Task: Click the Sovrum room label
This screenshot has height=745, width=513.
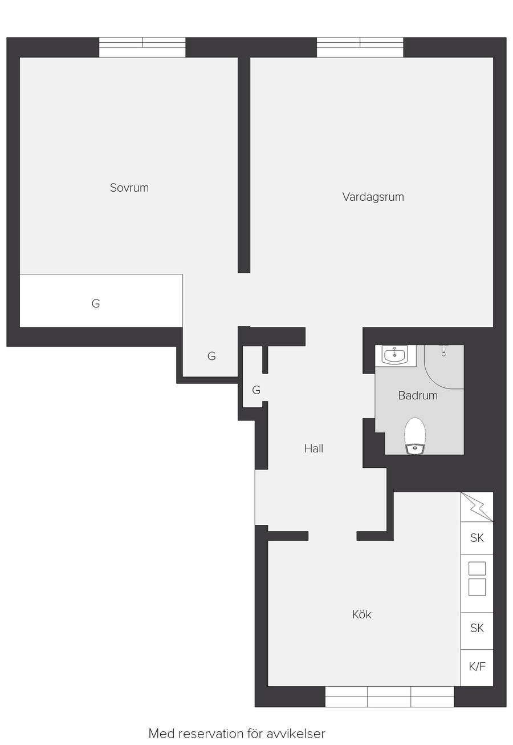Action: tap(129, 188)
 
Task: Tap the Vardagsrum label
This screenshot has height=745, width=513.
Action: tap(373, 197)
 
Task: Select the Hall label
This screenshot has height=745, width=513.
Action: tap(313, 449)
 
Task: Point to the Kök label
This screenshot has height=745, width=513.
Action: tap(362, 614)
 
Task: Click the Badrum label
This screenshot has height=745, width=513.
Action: tap(418, 395)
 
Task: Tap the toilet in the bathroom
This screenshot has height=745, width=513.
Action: tap(415, 436)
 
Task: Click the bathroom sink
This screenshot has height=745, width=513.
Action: tap(394, 355)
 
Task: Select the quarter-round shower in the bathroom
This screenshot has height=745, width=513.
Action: tap(444, 367)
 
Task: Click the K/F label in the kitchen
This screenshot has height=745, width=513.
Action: tap(477, 666)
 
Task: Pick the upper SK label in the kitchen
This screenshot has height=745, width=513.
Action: tap(477, 538)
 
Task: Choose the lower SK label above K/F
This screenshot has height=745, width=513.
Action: tap(477, 628)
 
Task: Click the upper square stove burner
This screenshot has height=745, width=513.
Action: tap(477, 568)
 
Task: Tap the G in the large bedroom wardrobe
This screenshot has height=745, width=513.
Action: tap(96, 303)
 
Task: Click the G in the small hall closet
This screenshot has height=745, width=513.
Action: tap(256, 390)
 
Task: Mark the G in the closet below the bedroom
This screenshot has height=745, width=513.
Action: tap(211, 356)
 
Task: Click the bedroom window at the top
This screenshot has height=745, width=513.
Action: tap(142, 47)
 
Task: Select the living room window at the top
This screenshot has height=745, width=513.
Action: tap(360, 47)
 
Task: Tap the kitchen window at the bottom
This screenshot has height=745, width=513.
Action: tap(389, 697)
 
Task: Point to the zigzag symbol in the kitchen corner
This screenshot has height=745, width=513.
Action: tap(477, 507)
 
